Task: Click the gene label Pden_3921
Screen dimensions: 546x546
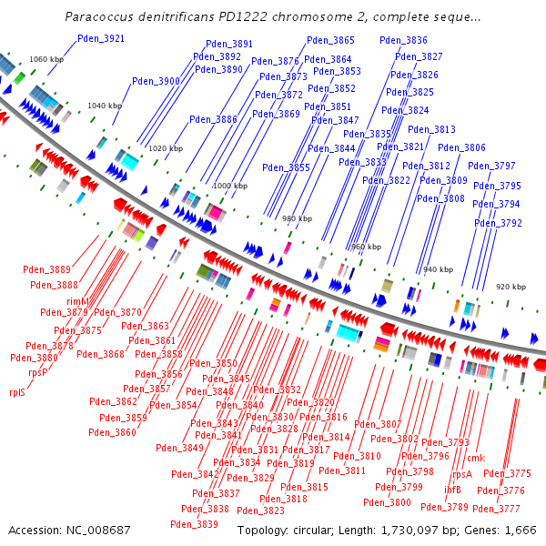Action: pyautogui.click(x=101, y=38)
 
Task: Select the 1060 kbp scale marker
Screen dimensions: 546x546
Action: pyautogui.click(x=46, y=59)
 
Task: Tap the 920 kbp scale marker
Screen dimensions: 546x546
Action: pyautogui.click(x=511, y=287)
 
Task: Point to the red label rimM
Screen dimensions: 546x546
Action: pyautogui.click(x=78, y=301)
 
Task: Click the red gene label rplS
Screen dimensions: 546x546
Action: pyautogui.click(x=17, y=393)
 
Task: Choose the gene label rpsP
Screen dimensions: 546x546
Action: pyautogui.click(x=37, y=372)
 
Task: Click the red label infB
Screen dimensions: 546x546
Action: pyautogui.click(x=452, y=490)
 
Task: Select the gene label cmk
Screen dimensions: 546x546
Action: pyautogui.click(x=476, y=458)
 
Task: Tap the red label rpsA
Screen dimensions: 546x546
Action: pyautogui.click(x=462, y=474)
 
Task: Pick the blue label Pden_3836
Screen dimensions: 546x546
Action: pyautogui.click(x=404, y=41)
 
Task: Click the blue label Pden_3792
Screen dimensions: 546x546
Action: pyautogui.click(x=499, y=223)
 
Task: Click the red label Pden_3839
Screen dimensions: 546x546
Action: pyautogui.click(x=194, y=524)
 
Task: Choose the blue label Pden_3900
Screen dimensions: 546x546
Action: pyautogui.click(x=157, y=81)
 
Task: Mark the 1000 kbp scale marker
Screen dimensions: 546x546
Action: pyautogui.click(x=229, y=186)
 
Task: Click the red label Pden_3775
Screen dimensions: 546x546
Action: pyautogui.click(x=507, y=473)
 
